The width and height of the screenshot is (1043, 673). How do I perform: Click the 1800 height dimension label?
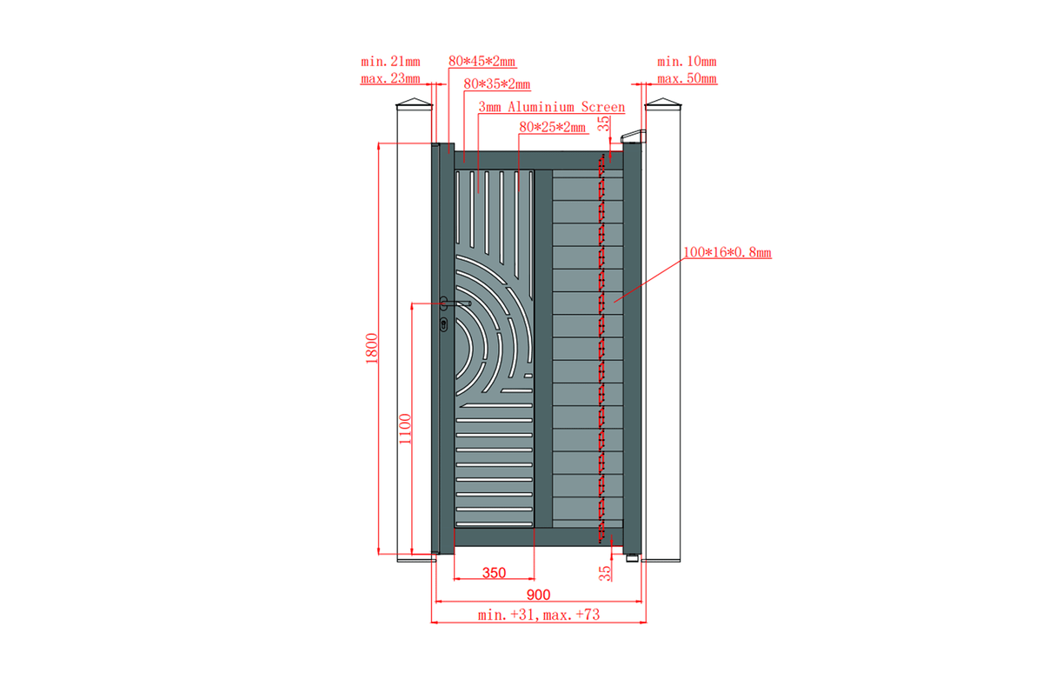pyautogui.click(x=372, y=349)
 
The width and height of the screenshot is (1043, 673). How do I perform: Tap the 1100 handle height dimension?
pyautogui.click(x=406, y=429)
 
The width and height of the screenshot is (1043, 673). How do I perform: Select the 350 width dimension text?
pyautogui.click(x=494, y=572)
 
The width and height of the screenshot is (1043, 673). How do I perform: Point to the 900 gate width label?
pyautogui.click(x=538, y=595)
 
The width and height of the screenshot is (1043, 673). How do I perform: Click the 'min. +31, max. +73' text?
pyautogui.click(x=539, y=615)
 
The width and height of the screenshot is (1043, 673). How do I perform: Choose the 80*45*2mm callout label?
pyautogui.click(x=482, y=61)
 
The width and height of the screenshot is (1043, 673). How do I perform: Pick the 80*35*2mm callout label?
pyautogui.click(x=497, y=83)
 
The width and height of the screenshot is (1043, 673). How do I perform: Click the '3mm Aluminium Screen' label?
pyautogui.click(x=552, y=107)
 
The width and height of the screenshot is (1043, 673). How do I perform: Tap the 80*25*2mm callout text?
pyautogui.click(x=552, y=127)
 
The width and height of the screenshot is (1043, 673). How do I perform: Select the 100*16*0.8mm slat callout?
pyautogui.click(x=727, y=252)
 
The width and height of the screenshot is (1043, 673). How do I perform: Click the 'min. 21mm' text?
pyautogui.click(x=390, y=62)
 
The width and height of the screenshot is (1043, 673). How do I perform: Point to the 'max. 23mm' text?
pyautogui.click(x=390, y=78)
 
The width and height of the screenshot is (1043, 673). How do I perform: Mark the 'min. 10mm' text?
pyautogui.click(x=687, y=62)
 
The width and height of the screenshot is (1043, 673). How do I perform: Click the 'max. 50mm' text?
pyautogui.click(x=687, y=78)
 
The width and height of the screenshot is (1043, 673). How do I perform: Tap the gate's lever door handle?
pyautogui.click(x=455, y=303)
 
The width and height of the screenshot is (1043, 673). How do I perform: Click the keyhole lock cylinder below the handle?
pyautogui.click(x=444, y=324)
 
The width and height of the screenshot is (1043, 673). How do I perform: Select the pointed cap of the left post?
pyautogui.click(x=415, y=103)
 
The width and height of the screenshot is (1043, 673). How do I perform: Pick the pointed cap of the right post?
pyautogui.click(x=663, y=103)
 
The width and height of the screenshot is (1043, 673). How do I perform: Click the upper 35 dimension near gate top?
pyautogui.click(x=603, y=123)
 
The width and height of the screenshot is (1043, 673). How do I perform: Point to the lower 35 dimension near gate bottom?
pyautogui.click(x=604, y=573)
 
